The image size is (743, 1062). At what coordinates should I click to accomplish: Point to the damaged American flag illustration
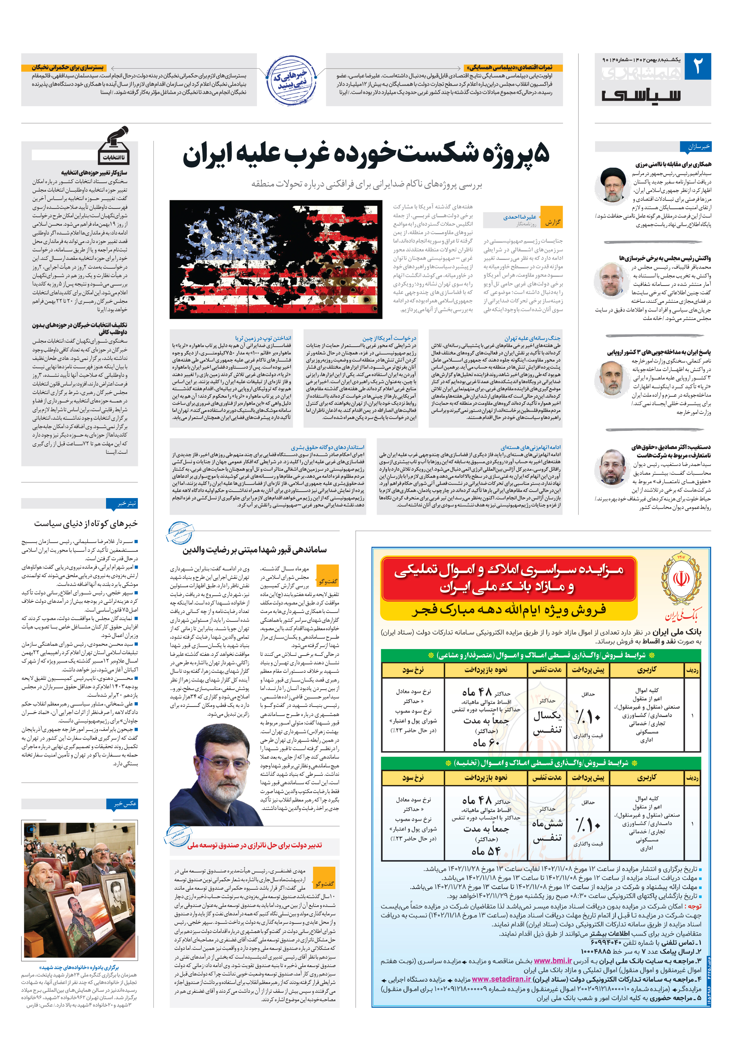point(276,259)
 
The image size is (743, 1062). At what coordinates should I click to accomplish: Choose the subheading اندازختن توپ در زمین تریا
point(263,338)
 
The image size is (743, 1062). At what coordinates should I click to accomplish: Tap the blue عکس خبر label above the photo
point(122,804)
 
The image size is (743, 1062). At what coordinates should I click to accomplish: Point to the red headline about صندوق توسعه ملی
point(254,845)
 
